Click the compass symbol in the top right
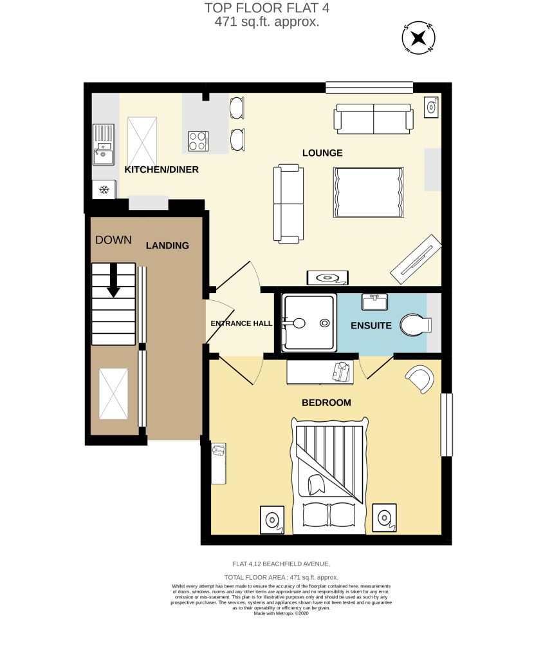tap(418, 38)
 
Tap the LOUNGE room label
tap(322, 153)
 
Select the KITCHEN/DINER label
tap(161, 169)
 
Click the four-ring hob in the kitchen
tap(198, 141)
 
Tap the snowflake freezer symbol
tap(104, 190)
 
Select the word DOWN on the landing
tap(113, 240)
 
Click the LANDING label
tap(167, 245)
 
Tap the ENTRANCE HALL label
tap(241, 323)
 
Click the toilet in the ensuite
tap(416, 325)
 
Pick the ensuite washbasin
tap(374, 301)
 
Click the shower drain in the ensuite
tap(324, 323)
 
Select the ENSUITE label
tap(371, 326)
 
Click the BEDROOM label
tap(326, 403)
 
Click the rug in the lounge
tap(368, 192)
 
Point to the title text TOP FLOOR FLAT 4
tap(267, 8)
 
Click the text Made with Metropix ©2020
tap(281, 613)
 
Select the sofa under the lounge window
tap(373, 119)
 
